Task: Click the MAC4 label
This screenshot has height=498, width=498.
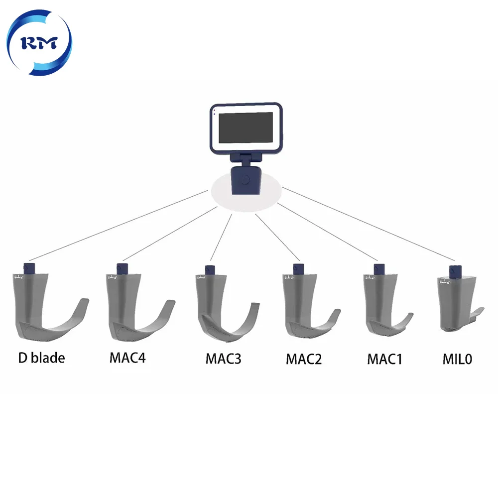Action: pyautogui.click(x=127, y=358)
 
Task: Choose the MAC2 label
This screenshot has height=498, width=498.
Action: pyautogui.click(x=303, y=359)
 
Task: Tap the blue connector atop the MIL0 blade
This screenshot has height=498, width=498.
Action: pyautogui.click(x=454, y=271)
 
